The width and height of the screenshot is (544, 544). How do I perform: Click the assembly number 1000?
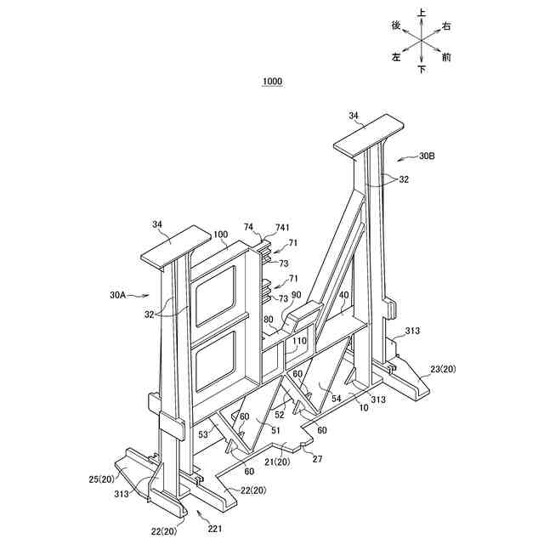coord(272,82)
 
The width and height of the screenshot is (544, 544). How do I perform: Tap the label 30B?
coord(431,156)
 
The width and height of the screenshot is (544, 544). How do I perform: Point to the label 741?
coord(282,229)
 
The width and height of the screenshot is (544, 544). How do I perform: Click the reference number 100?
coord(220,235)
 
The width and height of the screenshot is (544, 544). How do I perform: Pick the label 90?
coord(297,296)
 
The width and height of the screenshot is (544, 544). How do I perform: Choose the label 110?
coord(300,340)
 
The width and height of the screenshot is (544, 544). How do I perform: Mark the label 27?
coord(317,460)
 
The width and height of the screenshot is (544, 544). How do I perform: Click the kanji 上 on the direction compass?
coord(422,13)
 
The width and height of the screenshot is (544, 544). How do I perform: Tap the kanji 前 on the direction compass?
coord(446,59)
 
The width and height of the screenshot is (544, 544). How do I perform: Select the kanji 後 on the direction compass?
coord(396,26)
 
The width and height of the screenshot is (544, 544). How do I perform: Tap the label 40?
coord(343,297)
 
